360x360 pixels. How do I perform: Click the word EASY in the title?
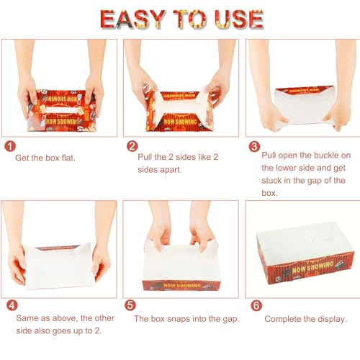click(132, 19)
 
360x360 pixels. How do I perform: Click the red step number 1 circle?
click(10, 146)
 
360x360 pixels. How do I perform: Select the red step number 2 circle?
click(132, 146)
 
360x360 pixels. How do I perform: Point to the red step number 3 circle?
click(254, 147)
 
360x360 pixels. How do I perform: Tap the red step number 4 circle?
click(12, 305)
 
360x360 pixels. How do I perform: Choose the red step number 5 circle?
click(130, 305)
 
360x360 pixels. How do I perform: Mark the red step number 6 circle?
click(256, 305)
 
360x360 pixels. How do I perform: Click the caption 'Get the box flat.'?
click(45, 158)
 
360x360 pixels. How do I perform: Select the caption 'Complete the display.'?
click(305, 319)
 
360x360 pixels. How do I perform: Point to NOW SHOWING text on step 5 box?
click(182, 285)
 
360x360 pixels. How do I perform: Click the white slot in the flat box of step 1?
click(62, 110)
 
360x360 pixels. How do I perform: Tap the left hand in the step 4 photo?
click(17, 264)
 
